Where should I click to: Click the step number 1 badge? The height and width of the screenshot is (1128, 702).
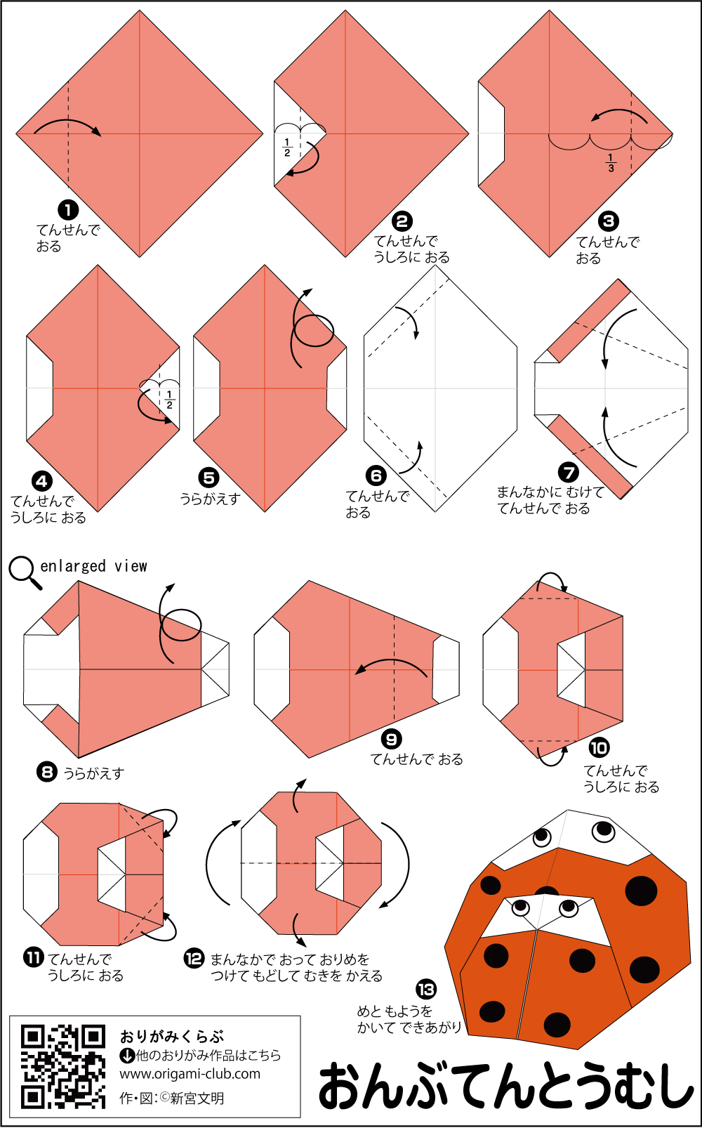coord(68,209)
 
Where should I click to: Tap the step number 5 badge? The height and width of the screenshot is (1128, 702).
coord(208,478)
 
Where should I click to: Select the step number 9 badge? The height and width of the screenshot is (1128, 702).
coord(391,740)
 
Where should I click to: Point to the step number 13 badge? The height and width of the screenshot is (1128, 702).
coord(426,990)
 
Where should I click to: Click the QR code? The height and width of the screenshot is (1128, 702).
coord(63,1067)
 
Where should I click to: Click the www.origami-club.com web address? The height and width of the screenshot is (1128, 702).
coord(190,1074)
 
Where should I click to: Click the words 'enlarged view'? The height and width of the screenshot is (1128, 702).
coord(93,566)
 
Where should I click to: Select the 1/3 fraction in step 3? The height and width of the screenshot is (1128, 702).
coord(611,164)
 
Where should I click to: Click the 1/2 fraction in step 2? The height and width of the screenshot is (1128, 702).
coord(287,147)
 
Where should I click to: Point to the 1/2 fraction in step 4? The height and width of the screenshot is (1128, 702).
coord(169,400)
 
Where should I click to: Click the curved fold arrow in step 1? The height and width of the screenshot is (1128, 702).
coord(67,121)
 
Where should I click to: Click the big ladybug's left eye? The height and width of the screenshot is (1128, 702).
coord(543,837)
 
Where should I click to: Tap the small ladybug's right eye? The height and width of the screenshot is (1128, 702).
coord(569,907)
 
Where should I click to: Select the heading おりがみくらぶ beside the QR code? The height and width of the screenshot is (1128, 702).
coord(171,1037)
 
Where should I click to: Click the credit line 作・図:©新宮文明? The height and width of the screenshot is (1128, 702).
coord(171,1099)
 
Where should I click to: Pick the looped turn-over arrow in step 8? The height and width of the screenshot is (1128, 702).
coord(180,624)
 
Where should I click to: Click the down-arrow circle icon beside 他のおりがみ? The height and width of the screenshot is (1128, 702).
coord(127,1055)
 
